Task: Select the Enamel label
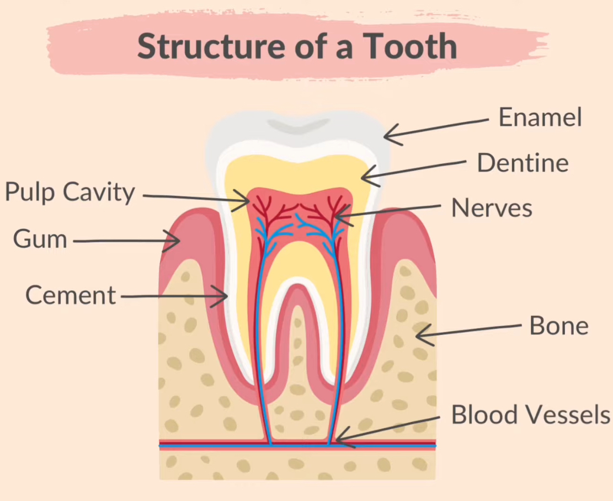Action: (x=540, y=117)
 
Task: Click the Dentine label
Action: (x=523, y=163)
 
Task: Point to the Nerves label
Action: (x=492, y=208)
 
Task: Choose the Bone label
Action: (x=559, y=326)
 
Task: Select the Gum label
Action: (x=40, y=240)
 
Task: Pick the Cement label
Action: (x=71, y=295)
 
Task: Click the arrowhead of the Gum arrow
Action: (x=178, y=240)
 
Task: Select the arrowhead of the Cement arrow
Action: (x=226, y=297)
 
